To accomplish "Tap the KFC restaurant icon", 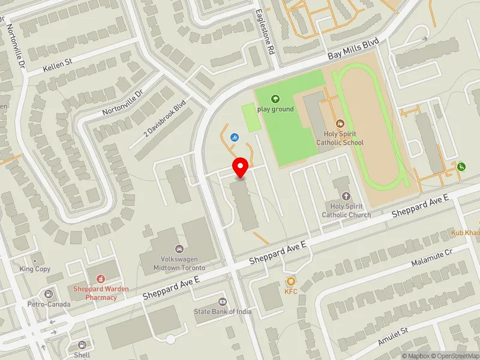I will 291,281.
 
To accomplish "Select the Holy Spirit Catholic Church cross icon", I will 346,196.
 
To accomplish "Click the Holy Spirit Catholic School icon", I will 340,124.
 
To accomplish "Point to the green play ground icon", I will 275,99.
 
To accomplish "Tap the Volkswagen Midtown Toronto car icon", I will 178,248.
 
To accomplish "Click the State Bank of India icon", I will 222,301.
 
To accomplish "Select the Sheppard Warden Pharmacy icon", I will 101,278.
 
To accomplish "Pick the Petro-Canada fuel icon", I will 48,294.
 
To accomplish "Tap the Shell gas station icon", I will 82,345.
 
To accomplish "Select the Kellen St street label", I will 58,65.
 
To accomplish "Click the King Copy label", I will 35,269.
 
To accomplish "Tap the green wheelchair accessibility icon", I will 461,167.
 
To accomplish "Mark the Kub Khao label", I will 466,232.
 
